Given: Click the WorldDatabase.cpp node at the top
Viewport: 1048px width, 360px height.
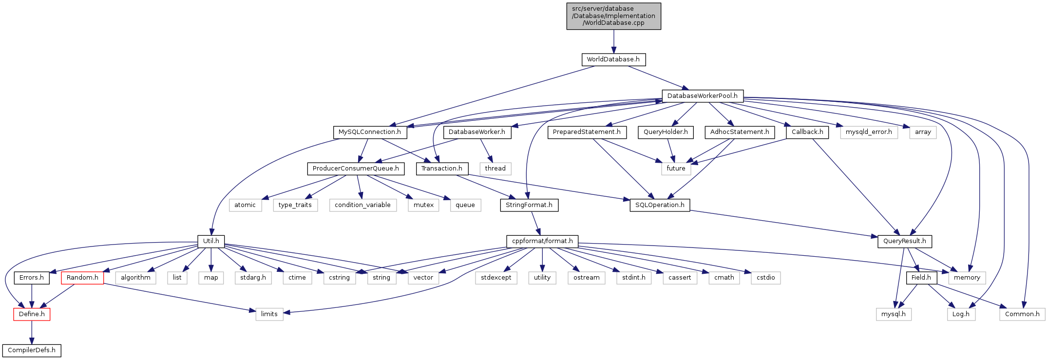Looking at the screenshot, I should pos(613,16).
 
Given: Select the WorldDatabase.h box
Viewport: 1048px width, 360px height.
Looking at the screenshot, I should pos(613,59).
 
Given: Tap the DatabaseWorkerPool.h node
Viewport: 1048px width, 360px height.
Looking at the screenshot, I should pos(702,96).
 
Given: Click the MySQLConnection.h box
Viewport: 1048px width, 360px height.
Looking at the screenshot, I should pos(370,132).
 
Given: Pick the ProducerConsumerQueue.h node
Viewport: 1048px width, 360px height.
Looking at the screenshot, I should pos(356,169).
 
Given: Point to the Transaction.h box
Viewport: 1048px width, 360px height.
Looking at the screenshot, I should pos(442,169).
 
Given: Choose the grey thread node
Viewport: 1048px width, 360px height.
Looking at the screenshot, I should pos(495,169).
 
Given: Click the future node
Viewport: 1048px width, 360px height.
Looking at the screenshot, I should pos(676,169).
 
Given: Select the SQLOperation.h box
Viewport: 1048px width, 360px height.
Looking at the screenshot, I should pos(660,205).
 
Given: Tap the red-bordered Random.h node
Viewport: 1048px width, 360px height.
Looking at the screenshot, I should pos(82,278).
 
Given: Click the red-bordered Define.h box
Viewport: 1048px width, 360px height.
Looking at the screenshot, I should pos(32,314).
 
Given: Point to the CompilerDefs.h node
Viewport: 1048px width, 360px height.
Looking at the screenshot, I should pos(32,350).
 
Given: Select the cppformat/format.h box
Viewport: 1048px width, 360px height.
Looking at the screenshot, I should pos(542,241).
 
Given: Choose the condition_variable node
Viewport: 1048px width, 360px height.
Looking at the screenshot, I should pos(362,205).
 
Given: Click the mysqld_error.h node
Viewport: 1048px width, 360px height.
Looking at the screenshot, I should pos(869,132).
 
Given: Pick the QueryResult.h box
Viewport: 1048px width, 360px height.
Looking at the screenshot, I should pos(904,241).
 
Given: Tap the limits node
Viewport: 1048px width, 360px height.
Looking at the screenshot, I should pos(269,314).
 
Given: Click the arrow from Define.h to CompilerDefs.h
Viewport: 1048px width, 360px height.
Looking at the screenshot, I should pos(32,332).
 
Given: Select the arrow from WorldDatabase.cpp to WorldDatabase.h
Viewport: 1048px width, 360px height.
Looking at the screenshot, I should pos(613,41).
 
